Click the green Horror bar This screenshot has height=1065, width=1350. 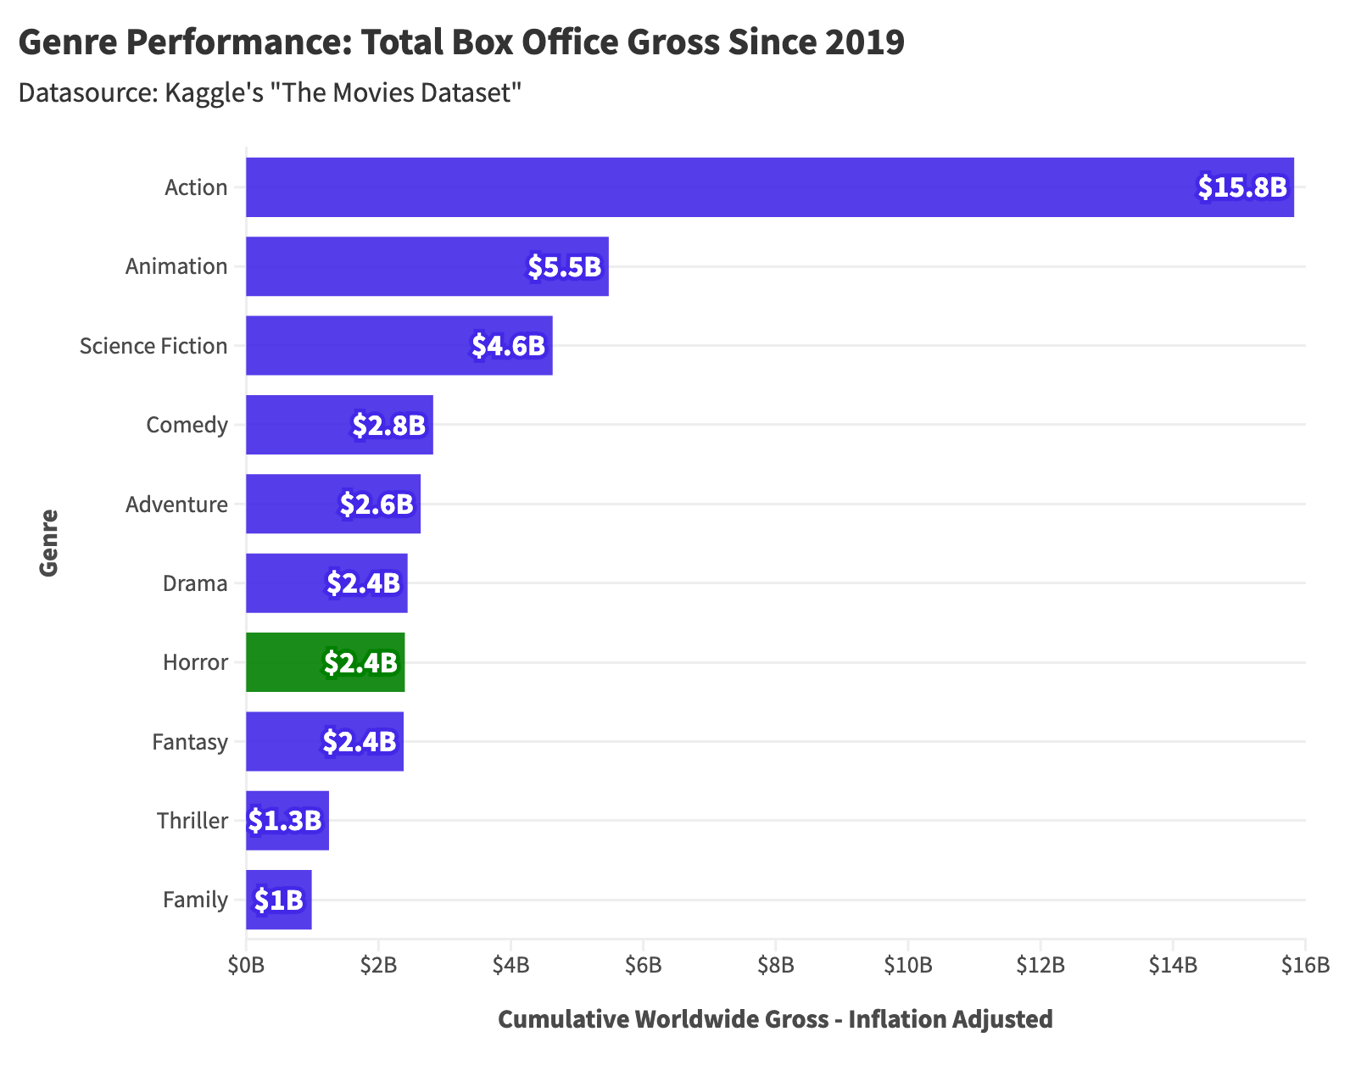325,662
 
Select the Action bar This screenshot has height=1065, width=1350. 769,187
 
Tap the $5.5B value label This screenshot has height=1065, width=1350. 564,266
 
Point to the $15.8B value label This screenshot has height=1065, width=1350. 1241,187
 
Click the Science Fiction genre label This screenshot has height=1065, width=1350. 153,346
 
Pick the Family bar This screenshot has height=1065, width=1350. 278,900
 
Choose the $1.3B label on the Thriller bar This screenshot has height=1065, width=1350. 285,821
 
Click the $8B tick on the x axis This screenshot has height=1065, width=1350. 775,965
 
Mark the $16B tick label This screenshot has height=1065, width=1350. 1305,965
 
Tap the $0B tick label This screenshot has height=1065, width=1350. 246,965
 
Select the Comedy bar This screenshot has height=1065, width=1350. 339,425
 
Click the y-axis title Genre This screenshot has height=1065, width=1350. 49,543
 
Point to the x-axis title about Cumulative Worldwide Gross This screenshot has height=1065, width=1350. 775,1019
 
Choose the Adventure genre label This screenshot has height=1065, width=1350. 176,505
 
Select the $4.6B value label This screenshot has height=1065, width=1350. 508,346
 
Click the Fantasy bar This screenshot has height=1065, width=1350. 325,742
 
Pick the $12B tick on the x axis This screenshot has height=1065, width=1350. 1040,965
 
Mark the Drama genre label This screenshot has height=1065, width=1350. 195,583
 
